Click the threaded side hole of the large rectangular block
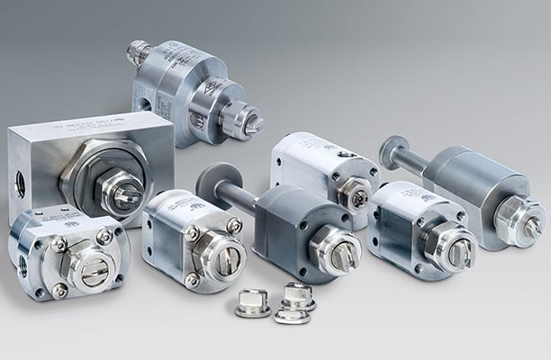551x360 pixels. click(20, 184)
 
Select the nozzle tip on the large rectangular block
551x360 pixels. click(123, 196)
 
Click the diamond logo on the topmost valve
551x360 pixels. click(209, 87)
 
